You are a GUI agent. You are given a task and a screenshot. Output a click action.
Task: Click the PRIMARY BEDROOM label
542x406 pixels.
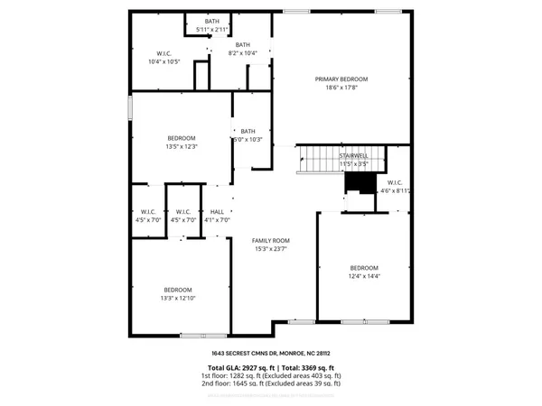click(x=341, y=79)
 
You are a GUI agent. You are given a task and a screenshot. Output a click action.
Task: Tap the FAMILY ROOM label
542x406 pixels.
click(x=270, y=240)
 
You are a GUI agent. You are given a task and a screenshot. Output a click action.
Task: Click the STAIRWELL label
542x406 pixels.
click(x=352, y=156)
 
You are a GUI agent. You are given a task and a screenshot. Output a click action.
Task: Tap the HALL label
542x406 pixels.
click(x=217, y=211)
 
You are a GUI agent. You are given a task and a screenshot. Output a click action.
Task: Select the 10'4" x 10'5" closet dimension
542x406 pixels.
click(x=164, y=61)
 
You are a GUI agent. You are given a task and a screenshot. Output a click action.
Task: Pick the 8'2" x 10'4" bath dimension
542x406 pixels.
click(x=242, y=53)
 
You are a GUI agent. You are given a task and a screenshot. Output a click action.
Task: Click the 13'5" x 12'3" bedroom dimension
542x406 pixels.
click(x=181, y=146)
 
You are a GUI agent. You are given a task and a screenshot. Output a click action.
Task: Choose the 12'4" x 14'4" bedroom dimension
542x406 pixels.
click(x=364, y=276)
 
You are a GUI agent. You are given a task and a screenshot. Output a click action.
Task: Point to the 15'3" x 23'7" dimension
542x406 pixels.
click(x=270, y=249)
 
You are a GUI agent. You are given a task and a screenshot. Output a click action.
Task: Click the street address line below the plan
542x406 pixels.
click(x=270, y=354)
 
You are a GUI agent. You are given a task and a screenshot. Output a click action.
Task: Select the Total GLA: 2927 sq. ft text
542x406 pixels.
click(x=236, y=368)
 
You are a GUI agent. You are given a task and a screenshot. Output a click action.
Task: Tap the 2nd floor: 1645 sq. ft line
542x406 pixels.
click(x=270, y=383)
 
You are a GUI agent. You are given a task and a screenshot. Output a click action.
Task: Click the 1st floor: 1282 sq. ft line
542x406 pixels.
click(x=270, y=376)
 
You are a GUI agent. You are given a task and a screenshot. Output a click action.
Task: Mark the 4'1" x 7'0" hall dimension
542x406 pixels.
click(x=217, y=219)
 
